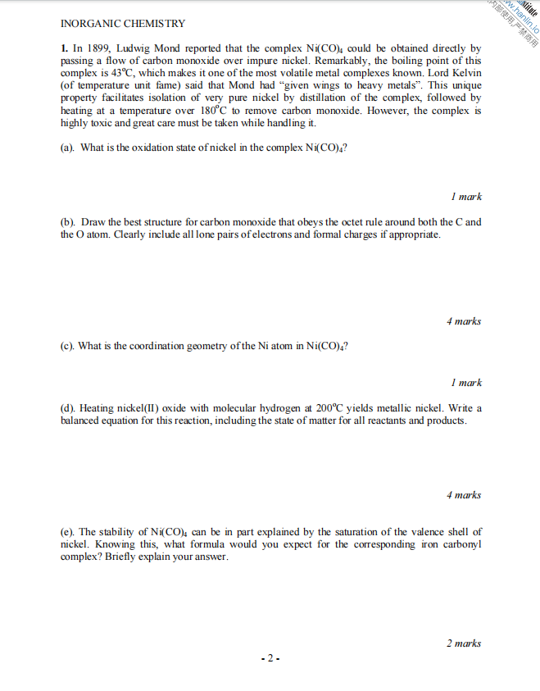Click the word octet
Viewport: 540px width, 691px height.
(x=307, y=222)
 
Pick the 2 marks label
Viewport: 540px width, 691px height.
(x=464, y=643)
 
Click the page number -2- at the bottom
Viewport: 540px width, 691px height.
(x=270, y=657)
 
